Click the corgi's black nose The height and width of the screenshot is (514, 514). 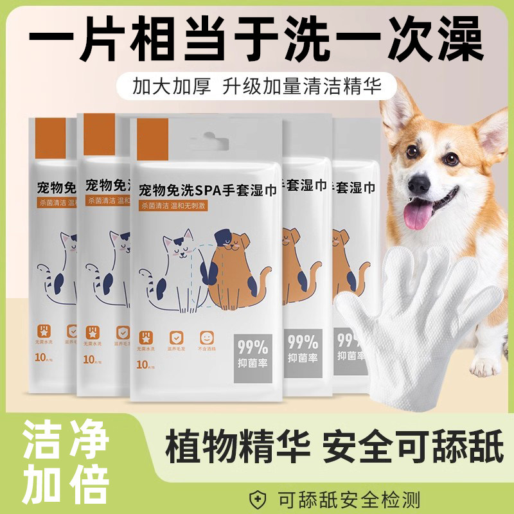point(418,184)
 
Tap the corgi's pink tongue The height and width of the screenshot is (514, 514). point(418,214)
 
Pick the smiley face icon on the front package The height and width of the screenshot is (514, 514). point(207,338)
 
